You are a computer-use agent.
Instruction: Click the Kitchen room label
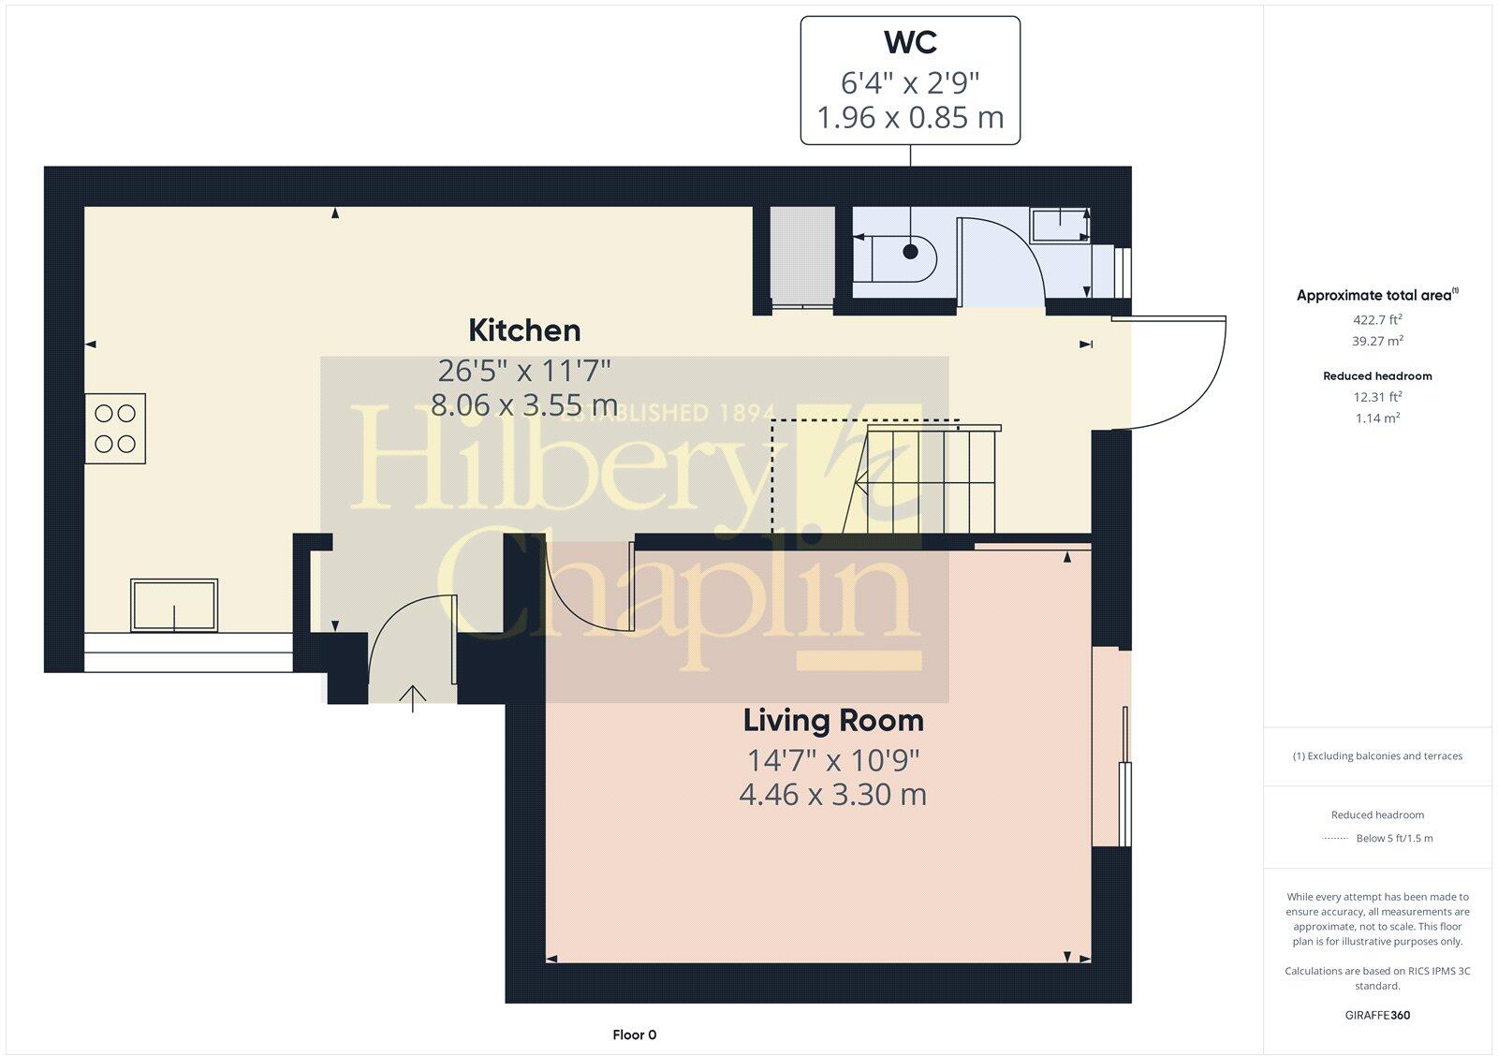[x=524, y=330]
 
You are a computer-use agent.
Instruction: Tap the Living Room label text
[x=833, y=721]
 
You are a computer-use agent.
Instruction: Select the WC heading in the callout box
[x=910, y=43]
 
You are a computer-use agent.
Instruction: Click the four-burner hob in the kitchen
[x=115, y=429]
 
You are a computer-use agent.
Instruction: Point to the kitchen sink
[x=174, y=605]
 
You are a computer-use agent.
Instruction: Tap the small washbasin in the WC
[x=1059, y=226]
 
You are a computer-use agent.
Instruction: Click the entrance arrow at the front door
[x=413, y=697]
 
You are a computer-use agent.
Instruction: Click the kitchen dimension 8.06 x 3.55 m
[x=524, y=405]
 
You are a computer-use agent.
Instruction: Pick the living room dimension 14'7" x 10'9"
[x=833, y=759]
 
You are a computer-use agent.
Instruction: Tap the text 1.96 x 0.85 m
[x=910, y=118]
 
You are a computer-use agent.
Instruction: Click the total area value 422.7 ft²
[x=1377, y=320]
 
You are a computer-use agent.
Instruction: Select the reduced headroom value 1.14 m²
[x=1377, y=418]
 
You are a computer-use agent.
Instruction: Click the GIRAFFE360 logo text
[x=1377, y=1015]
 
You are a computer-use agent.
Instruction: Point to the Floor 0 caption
[x=635, y=1034]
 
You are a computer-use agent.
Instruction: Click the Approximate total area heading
[x=1374, y=296]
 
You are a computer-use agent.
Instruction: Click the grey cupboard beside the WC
[x=801, y=256]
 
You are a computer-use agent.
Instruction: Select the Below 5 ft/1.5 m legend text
[x=1394, y=839]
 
